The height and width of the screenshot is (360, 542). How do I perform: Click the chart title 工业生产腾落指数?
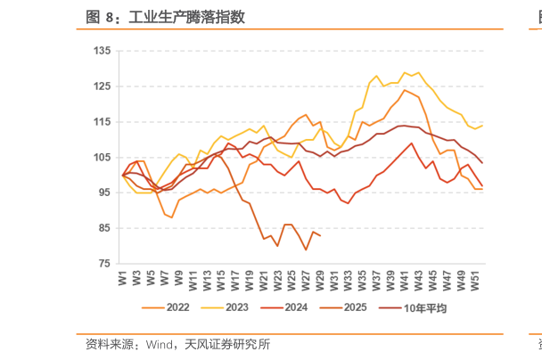click(x=186, y=16)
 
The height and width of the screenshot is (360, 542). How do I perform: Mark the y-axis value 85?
click(x=103, y=228)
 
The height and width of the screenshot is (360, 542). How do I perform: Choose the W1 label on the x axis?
click(x=123, y=278)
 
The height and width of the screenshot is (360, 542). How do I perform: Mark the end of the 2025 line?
click(x=320, y=235)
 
